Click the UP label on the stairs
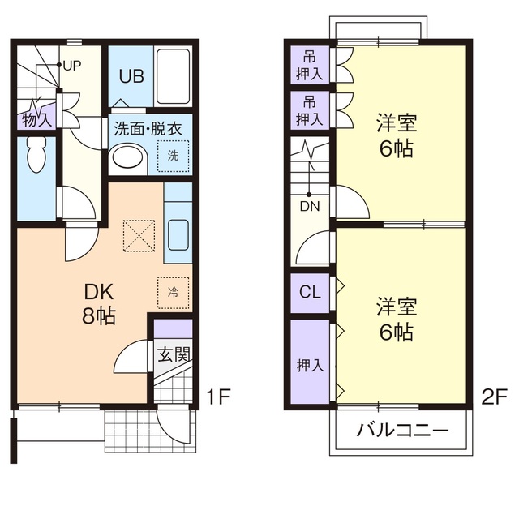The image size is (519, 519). click(71, 65)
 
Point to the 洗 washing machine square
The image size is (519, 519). click(173, 154)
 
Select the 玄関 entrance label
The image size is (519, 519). click(173, 354)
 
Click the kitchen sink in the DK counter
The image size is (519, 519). click(178, 236)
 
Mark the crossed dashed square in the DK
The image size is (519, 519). click(137, 236)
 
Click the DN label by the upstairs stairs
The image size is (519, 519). click(310, 206)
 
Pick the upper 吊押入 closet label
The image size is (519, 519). click(310, 65)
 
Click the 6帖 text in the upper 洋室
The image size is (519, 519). click(396, 148)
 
